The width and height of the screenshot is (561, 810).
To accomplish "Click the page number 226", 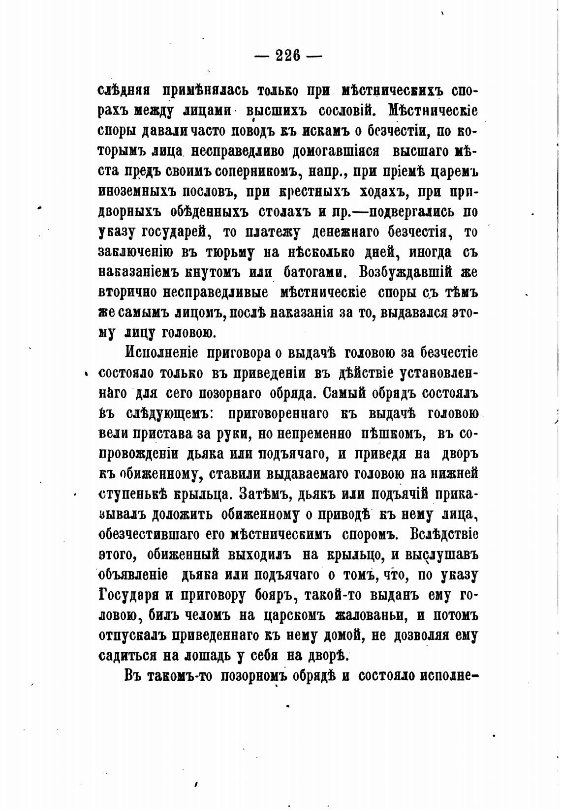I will coord(288,55).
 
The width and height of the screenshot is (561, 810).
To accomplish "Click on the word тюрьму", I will coord(230,253).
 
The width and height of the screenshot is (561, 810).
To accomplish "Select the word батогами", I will coord(314,272).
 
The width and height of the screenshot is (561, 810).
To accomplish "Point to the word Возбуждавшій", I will coord(405,272).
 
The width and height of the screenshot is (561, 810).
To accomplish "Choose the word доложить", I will coord(182,514).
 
